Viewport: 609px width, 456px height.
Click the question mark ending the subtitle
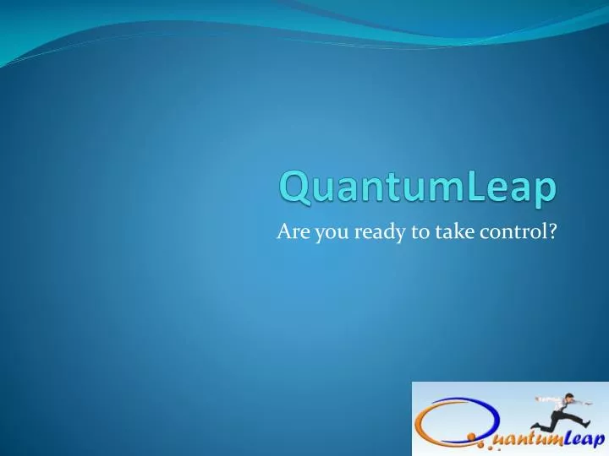click(551, 234)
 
